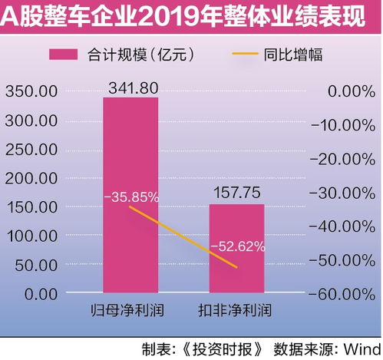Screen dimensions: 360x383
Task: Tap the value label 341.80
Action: pos(130,86)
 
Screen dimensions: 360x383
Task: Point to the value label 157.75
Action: pos(236,193)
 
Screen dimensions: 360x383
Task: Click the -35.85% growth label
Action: pos(131,197)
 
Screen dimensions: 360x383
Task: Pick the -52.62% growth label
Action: pos(238,246)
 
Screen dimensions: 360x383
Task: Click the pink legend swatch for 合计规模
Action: pos(76,54)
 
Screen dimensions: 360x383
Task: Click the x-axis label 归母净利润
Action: pos(130,312)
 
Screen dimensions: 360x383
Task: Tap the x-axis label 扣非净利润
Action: pos(236,312)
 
